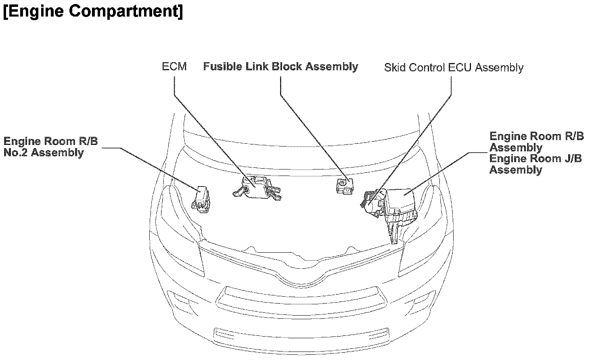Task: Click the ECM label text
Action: click(174, 67)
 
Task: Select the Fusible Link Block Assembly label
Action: click(280, 67)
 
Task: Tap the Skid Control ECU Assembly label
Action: click(454, 67)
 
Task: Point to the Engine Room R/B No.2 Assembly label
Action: click(50, 147)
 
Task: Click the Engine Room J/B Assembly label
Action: click(535, 164)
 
